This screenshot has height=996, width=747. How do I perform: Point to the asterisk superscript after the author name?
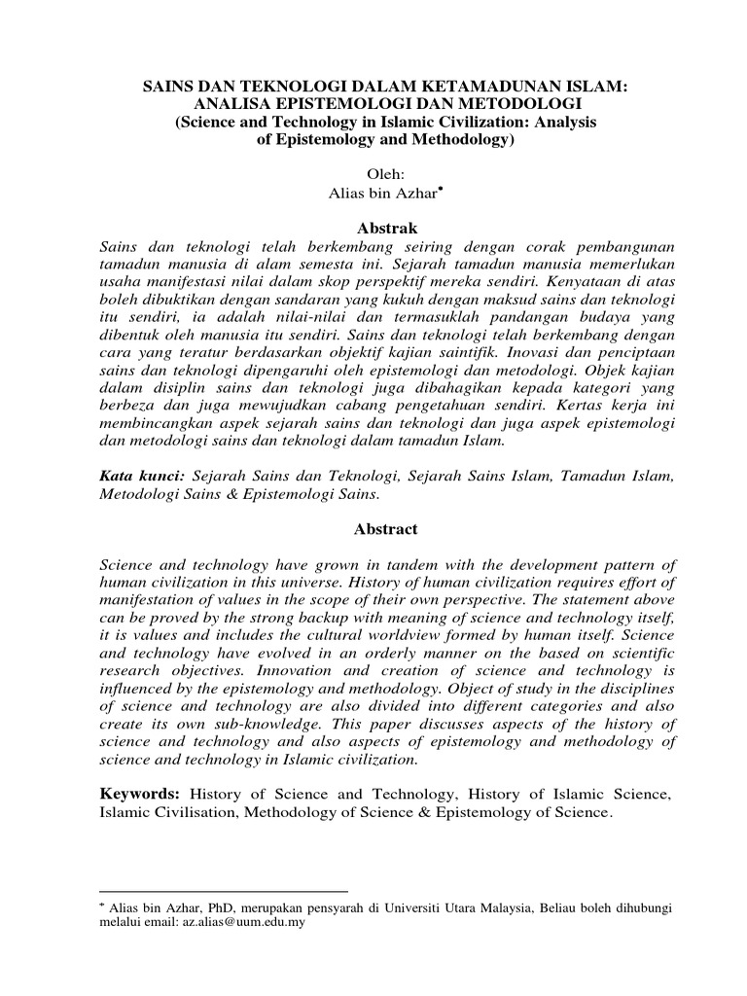coord(441,190)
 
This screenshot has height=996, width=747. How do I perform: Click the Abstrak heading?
coord(373,230)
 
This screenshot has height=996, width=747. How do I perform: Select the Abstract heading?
coord(373,529)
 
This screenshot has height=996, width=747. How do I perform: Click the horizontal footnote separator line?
coord(224,890)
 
